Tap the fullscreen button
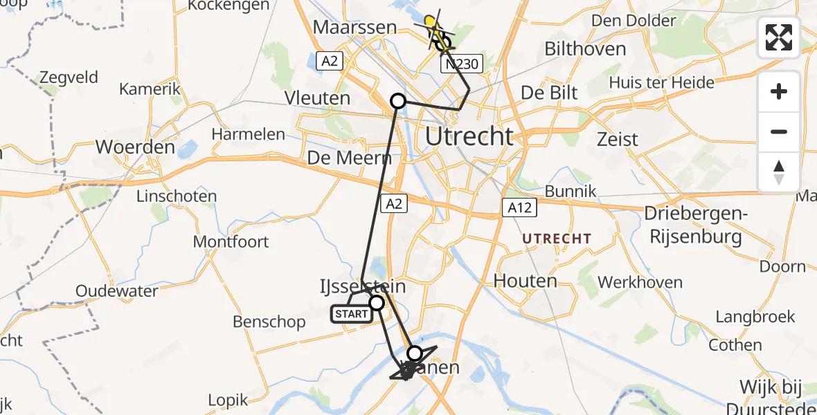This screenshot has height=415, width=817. click(779, 37)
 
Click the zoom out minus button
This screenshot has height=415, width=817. click(779, 131)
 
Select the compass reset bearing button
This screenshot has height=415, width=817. click(779, 172)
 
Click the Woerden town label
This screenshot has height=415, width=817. click(135, 147)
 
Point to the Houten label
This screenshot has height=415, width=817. click(526, 281)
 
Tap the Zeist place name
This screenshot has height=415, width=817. click(618, 139)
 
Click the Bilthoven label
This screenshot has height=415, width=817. click(585, 49)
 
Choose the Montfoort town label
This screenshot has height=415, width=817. click(231, 242)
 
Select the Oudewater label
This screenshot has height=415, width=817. click(117, 291)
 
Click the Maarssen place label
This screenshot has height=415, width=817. click(354, 28)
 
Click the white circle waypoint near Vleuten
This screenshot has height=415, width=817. click(398, 101)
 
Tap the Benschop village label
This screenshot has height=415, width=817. click(269, 322)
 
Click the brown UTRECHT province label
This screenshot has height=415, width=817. click(557, 239)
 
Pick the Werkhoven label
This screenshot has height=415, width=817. click(640, 282)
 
